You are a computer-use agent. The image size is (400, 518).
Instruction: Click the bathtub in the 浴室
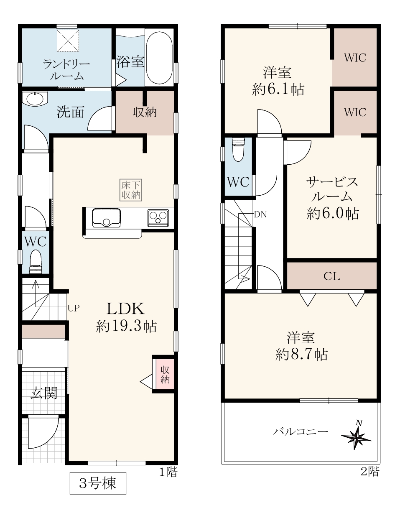click(x=159, y=58)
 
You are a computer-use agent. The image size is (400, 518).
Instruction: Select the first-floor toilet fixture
click(x=36, y=261)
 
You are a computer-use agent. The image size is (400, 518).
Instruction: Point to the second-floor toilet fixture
click(x=239, y=150)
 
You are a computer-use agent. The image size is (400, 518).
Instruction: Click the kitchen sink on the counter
click(x=107, y=218)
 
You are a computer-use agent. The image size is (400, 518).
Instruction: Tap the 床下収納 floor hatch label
click(x=131, y=190)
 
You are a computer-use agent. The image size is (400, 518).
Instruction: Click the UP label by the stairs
click(x=74, y=308)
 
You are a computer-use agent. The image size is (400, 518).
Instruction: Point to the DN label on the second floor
click(x=260, y=214)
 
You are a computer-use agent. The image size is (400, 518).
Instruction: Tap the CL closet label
click(x=331, y=276)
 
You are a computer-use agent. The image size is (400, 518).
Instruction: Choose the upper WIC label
click(x=355, y=58)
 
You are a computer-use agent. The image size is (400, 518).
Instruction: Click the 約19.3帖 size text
click(x=126, y=326)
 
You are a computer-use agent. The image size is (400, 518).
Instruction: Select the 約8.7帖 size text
click(x=302, y=355)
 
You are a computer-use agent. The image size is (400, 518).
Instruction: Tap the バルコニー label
click(x=301, y=431)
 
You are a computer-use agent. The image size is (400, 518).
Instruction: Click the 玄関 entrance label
click(x=44, y=393)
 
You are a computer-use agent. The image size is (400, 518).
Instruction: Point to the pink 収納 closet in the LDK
click(x=165, y=374)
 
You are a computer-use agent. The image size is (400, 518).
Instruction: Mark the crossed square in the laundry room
click(x=68, y=41)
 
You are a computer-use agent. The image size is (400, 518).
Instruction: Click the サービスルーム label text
click(x=332, y=190)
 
